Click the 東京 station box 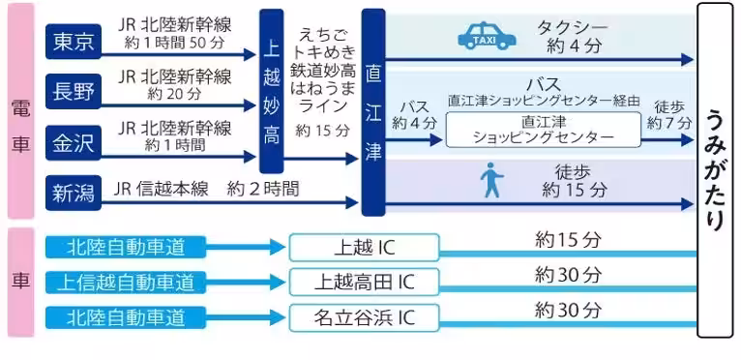(x=74, y=42)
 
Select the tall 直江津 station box (x=373, y=111)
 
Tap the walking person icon (x=492, y=181)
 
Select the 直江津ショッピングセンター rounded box (x=543, y=130)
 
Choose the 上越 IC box (x=364, y=248)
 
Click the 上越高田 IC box (x=364, y=282)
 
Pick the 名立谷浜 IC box (x=364, y=316)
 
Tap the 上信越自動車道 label (x=125, y=282)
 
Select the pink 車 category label (x=19, y=282)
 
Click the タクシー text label (x=576, y=25)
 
